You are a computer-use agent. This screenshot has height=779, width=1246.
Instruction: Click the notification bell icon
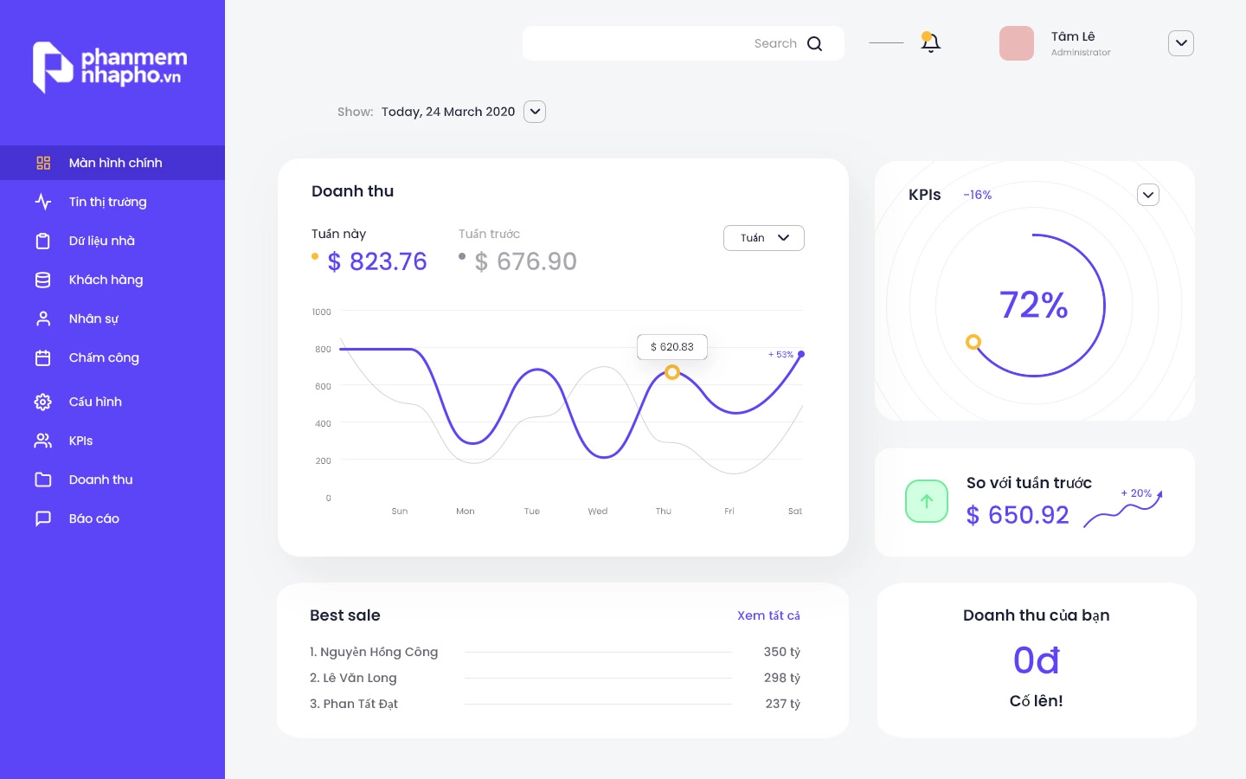[931, 42]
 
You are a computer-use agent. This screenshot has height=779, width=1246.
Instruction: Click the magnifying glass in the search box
[814, 43]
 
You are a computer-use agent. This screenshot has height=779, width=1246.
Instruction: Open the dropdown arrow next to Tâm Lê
[1180, 43]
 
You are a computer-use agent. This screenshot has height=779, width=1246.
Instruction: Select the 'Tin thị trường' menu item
[107, 202]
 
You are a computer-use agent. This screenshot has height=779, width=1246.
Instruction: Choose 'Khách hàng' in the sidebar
[106, 280]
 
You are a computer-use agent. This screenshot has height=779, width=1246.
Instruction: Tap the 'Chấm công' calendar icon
[43, 357]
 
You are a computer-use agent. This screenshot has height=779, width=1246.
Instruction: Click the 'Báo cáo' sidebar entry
[93, 518]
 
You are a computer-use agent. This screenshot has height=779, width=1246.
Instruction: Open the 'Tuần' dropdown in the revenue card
[763, 238]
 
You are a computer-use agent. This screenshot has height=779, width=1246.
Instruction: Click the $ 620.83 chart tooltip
[672, 347]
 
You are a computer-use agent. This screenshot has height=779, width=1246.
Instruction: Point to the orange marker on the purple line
[672, 372]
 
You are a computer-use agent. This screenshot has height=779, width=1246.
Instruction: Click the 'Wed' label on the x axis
[598, 512]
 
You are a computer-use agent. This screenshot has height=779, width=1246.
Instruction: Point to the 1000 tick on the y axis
[321, 312]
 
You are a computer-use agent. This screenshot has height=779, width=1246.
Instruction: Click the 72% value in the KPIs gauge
[1034, 305]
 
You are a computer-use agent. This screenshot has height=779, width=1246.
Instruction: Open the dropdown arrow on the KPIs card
[1147, 195]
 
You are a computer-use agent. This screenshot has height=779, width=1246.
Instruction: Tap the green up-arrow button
[927, 501]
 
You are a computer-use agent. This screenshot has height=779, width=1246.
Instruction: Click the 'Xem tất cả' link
[768, 615]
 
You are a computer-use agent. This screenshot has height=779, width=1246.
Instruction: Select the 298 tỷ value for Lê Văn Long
[781, 678]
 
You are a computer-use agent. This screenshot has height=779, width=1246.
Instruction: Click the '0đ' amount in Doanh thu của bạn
[1036, 660]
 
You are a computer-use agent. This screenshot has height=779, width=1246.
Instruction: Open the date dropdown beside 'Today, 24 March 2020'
[535, 112]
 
